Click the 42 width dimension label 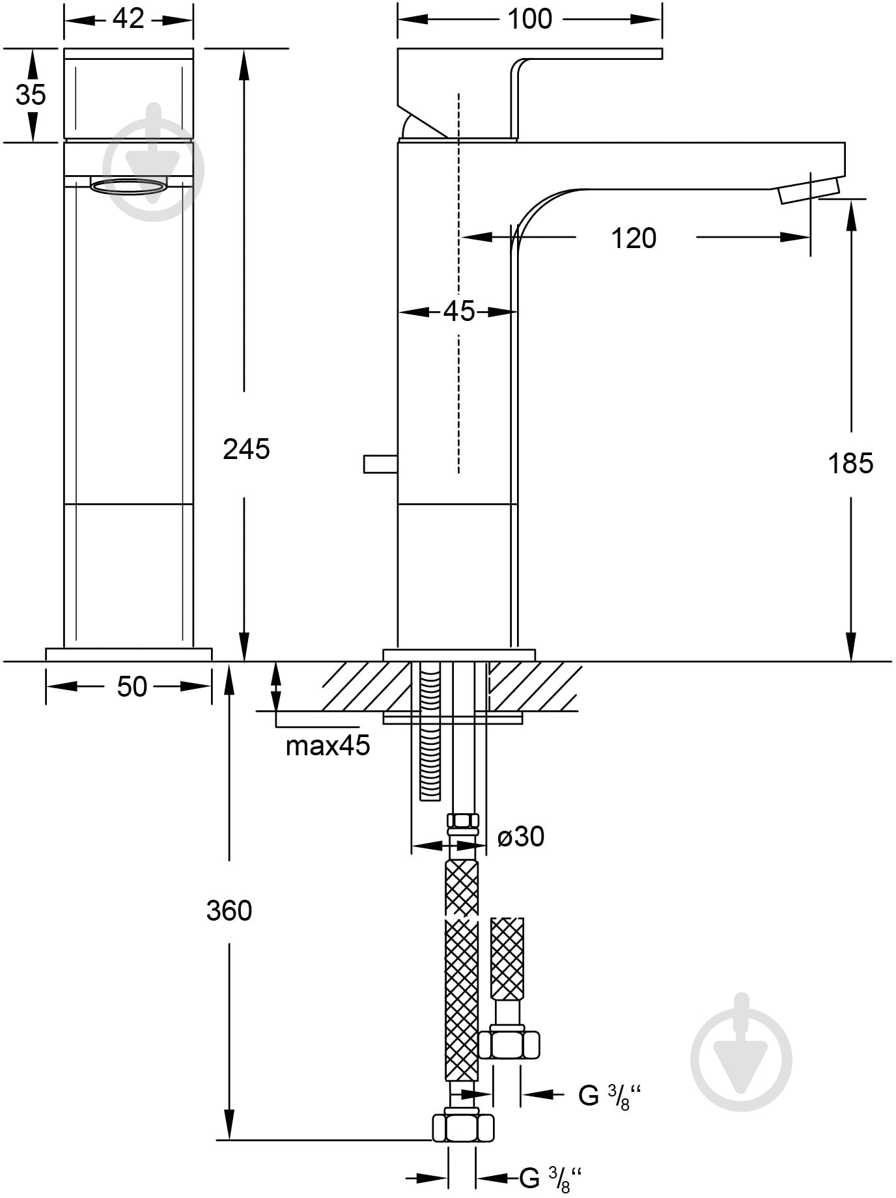click(x=128, y=19)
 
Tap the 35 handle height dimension click(x=31, y=94)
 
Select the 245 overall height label click(x=246, y=449)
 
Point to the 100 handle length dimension click(x=529, y=19)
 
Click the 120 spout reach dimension click(x=634, y=238)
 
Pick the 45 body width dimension click(x=459, y=312)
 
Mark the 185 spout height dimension click(x=850, y=464)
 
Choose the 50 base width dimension click(x=132, y=687)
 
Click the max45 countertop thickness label click(x=328, y=745)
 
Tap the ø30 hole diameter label click(x=521, y=837)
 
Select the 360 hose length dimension click(x=229, y=911)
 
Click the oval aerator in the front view click(x=128, y=186)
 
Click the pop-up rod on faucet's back click(x=380, y=464)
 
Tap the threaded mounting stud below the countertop click(x=430, y=732)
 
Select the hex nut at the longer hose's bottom click(x=463, y=1126)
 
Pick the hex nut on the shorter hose click(x=509, y=1044)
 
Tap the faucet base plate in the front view click(x=129, y=654)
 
